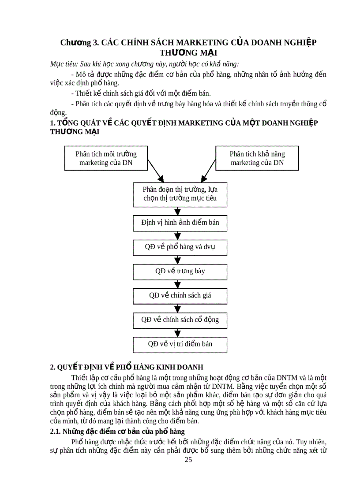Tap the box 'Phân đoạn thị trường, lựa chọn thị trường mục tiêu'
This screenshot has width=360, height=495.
click(x=180, y=194)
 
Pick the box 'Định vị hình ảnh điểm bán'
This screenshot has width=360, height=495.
click(x=180, y=223)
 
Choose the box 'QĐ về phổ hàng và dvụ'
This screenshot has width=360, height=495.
click(x=180, y=247)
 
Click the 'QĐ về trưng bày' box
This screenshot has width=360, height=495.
click(x=180, y=271)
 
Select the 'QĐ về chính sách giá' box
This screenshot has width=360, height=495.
click(x=180, y=295)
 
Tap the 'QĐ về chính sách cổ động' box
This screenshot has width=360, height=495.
click(x=180, y=320)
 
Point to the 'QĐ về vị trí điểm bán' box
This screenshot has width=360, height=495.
click(x=180, y=344)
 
